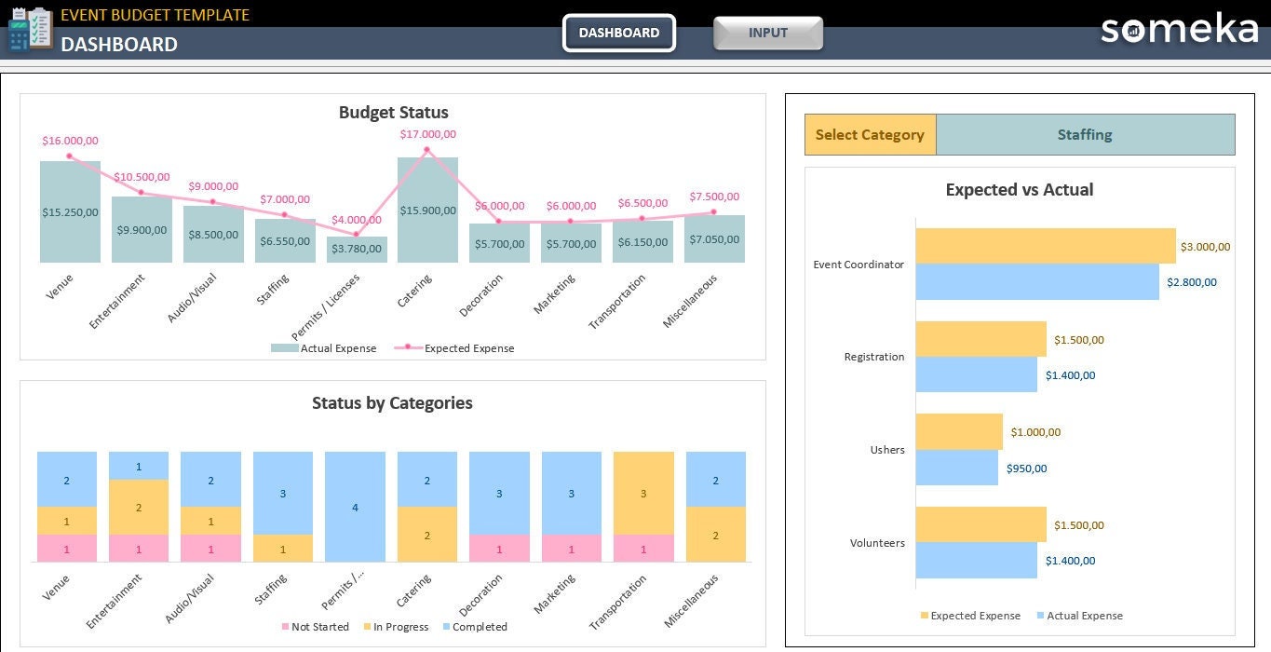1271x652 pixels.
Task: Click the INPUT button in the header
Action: (767, 33)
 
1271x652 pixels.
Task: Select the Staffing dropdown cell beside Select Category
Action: (1085, 134)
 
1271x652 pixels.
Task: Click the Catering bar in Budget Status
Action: (427, 210)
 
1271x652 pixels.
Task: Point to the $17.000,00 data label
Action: (427, 134)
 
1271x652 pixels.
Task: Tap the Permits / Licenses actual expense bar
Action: (357, 249)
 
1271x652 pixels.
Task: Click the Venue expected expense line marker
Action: (70, 156)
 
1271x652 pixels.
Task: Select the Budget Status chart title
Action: (393, 113)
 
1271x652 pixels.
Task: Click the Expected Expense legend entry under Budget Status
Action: (454, 347)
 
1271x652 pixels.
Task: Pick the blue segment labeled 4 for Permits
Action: (355, 507)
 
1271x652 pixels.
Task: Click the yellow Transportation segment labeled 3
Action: (643, 493)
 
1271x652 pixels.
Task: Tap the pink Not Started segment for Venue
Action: (66, 549)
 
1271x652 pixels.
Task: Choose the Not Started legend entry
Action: (316, 627)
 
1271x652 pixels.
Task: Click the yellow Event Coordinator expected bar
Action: (1045, 246)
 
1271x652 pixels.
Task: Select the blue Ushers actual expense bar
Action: (956, 468)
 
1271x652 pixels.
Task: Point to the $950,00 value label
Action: (1026, 469)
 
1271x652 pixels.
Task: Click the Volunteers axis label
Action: (877, 542)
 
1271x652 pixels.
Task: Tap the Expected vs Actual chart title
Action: (1019, 189)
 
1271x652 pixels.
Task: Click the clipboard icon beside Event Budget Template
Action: (30, 28)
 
